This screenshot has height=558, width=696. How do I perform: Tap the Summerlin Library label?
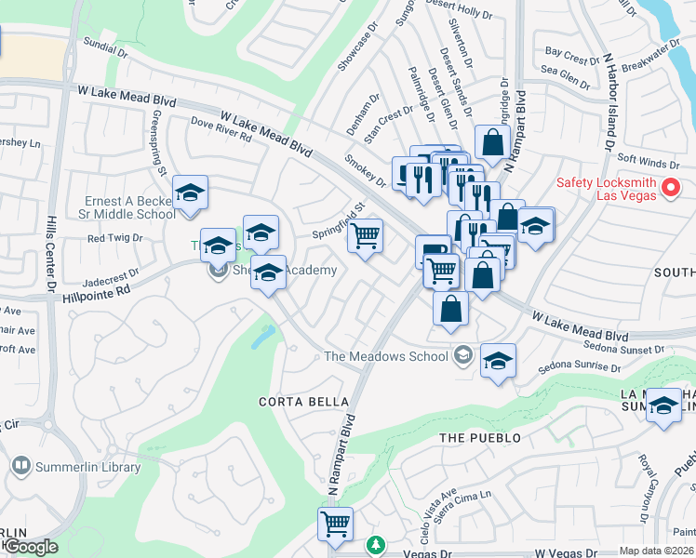point(89,467)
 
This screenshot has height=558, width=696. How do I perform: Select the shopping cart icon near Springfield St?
point(366,236)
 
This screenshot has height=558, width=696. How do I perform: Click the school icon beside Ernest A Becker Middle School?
point(191,193)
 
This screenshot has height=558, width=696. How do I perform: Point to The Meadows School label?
point(385,356)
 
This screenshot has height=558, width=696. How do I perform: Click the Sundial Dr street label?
point(104,46)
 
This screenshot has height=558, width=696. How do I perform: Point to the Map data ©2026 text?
point(657,551)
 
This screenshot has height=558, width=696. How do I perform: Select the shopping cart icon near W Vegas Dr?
point(335,523)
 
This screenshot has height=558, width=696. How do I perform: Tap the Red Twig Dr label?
point(114,238)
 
